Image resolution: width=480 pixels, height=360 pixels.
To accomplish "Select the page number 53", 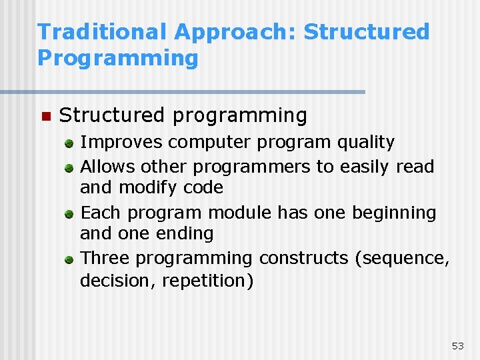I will point(457,345).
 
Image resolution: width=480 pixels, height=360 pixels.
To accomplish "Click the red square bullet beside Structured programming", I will point(45,117).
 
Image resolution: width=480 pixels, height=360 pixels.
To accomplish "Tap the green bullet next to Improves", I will point(69,143).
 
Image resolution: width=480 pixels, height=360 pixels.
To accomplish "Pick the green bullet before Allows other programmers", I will point(69,167).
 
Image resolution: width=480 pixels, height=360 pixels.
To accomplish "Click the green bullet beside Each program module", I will point(69,214).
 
